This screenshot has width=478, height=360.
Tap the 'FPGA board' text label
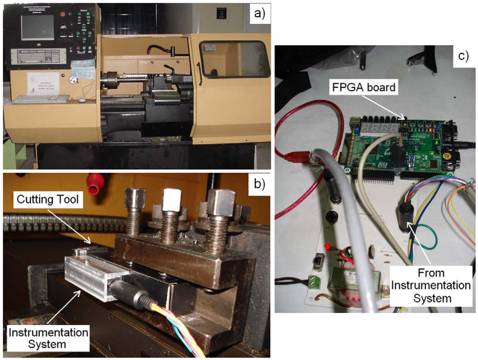[x=365, y=87]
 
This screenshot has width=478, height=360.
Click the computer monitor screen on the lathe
[x=37, y=27]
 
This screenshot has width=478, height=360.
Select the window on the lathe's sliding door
[x=234, y=59]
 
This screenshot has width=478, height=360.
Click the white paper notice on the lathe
[x=43, y=83]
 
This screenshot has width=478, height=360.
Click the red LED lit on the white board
[x=328, y=246]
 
